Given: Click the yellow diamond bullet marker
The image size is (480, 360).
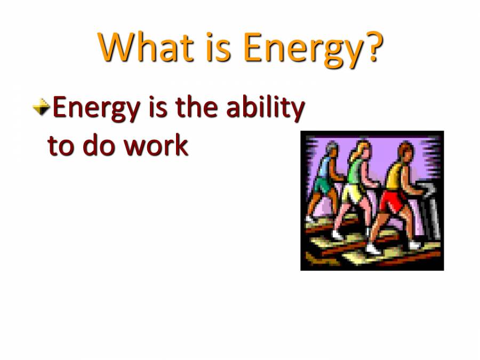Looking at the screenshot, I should tap(41, 108).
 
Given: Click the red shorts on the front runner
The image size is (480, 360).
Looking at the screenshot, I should tap(392, 201).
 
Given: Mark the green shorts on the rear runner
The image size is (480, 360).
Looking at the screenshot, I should tap(323, 186).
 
